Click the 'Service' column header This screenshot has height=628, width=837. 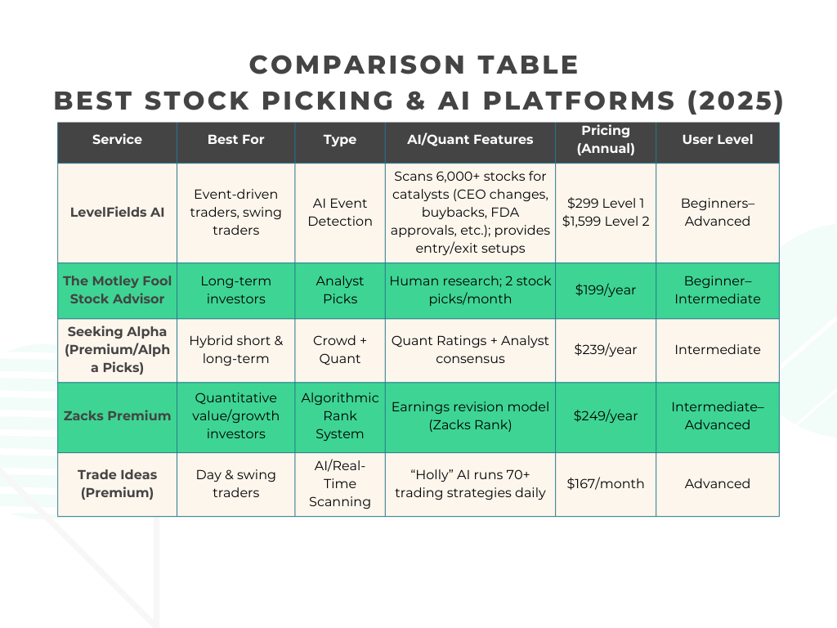(117, 139)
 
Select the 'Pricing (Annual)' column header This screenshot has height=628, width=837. (605, 139)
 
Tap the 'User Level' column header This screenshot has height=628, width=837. (717, 139)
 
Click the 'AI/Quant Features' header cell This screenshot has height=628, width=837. (470, 139)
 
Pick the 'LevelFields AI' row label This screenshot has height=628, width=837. (117, 213)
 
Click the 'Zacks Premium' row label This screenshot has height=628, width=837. (117, 415)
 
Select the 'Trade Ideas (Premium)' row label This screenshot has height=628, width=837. (117, 483)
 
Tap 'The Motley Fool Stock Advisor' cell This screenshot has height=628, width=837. (117, 289)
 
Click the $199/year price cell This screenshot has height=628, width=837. (605, 289)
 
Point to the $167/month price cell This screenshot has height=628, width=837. (605, 483)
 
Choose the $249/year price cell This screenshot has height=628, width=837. (605, 415)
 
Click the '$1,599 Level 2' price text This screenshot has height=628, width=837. (605, 222)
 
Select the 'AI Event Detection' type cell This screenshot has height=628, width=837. (340, 213)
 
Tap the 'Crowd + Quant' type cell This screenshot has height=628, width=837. (340, 349)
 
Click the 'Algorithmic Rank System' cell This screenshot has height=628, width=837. (340, 415)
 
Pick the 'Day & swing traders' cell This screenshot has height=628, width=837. (235, 483)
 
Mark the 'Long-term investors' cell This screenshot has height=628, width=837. (235, 289)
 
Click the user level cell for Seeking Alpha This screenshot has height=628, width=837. (717, 349)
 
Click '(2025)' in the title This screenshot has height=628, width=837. (734, 101)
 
